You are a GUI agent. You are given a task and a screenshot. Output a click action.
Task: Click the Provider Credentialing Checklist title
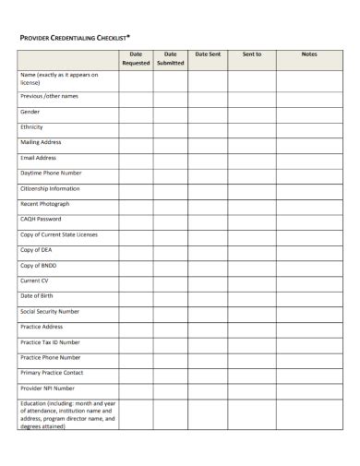tap(75, 37)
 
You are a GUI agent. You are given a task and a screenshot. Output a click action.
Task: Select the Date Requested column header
tap(136, 58)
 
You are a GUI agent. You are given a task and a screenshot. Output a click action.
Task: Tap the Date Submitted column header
tap(171, 58)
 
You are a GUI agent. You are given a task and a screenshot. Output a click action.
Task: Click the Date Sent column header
tap(208, 54)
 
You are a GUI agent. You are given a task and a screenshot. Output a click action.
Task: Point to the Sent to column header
tap(252, 54)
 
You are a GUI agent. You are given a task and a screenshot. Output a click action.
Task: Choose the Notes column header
tap(308, 54)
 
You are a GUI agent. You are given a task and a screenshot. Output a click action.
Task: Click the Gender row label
tap(30, 111)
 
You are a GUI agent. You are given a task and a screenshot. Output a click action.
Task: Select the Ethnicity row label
tap(32, 126)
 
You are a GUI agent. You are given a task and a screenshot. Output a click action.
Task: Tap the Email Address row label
tap(39, 157)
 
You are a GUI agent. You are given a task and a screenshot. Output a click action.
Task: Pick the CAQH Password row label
tap(41, 219)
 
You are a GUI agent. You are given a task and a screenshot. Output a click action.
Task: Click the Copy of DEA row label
tap(37, 250)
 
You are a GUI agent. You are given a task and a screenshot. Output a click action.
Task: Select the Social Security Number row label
tap(50, 311)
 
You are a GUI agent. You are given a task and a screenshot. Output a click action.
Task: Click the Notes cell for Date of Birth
tap(308, 296)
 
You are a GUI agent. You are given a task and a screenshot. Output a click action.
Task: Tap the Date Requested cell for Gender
tap(136, 112)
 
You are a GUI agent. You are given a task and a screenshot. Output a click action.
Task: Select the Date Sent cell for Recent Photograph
tap(208, 204)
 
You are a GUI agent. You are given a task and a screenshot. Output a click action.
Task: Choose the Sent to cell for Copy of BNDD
tap(252, 266)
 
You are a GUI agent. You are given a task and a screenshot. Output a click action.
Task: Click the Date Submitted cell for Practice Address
tap(171, 327)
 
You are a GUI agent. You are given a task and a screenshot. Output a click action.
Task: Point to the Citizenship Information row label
tap(52, 188)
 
